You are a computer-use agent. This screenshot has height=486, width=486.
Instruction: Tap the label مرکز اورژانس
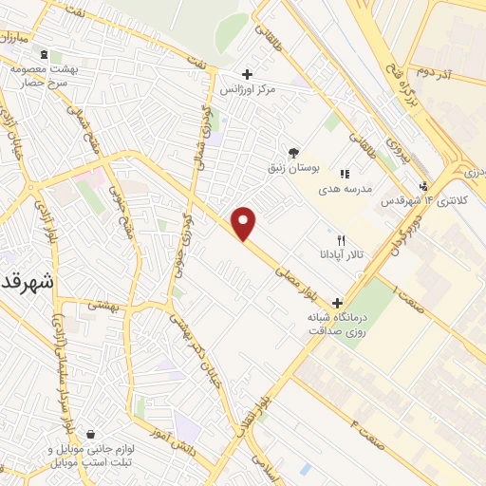(252, 88)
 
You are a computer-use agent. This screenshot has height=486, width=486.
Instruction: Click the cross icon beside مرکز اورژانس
(247, 73)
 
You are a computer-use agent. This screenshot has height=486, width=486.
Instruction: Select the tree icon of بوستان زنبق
(294, 152)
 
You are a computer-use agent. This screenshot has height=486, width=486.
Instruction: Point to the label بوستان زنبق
(294, 167)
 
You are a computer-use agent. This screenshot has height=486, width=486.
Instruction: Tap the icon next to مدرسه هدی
(346, 174)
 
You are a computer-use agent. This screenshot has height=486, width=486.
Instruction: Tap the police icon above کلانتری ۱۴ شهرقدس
(423, 186)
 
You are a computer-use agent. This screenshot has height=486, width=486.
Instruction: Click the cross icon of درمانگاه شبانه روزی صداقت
(337, 302)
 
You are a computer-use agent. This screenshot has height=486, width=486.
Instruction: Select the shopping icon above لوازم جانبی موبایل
(89, 434)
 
